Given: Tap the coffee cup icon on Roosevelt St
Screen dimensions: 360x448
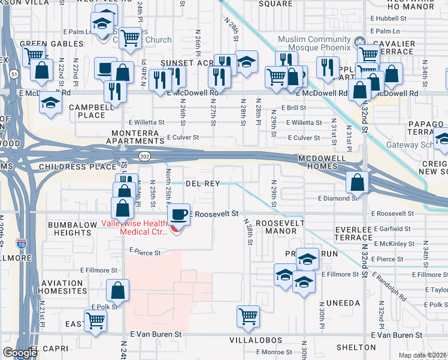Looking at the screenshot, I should [178, 215].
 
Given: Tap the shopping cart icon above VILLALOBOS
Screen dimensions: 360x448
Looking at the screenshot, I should [248, 316].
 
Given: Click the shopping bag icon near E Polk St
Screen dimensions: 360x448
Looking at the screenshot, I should [117, 291].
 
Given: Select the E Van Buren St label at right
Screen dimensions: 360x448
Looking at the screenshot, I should [396, 335].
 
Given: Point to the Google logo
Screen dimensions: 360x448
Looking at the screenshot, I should [19, 352].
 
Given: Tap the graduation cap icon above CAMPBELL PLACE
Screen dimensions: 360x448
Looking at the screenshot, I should [50, 103].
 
